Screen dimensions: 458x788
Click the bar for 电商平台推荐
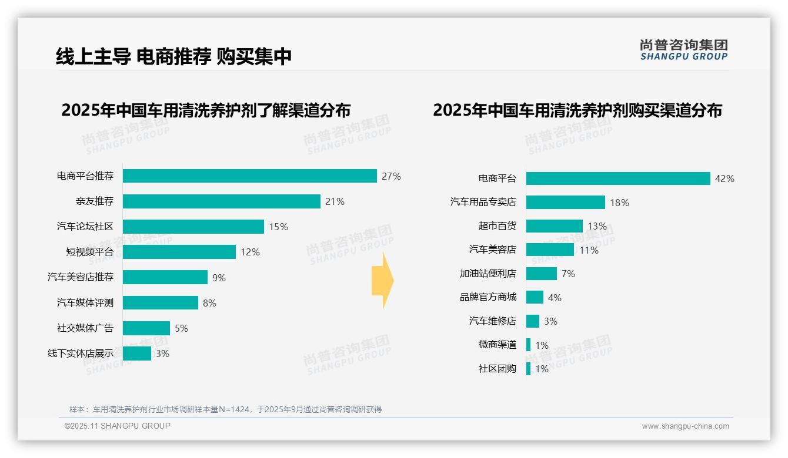tap(249, 176)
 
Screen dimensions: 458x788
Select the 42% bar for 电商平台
tap(617, 179)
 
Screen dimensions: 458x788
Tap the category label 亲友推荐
tap(94, 201)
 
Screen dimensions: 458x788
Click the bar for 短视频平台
tap(179, 252)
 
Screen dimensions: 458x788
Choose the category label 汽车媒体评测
tap(85, 303)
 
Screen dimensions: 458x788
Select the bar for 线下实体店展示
tap(137, 353)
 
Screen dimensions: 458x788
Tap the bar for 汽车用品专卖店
tap(565, 203)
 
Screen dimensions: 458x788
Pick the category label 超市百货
tap(497, 226)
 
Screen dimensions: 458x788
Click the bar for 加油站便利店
tap(541, 274)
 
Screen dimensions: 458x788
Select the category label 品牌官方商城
tap(488, 297)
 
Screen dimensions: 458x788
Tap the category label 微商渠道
tap(497, 345)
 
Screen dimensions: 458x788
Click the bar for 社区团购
tap(528, 369)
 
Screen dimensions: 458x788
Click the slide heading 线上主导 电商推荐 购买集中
tap(174, 56)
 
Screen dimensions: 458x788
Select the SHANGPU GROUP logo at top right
tap(683, 50)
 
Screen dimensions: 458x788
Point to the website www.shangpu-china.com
tap(685, 426)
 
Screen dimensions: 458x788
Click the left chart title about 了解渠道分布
tap(206, 110)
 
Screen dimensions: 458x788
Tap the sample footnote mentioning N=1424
tap(225, 409)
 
